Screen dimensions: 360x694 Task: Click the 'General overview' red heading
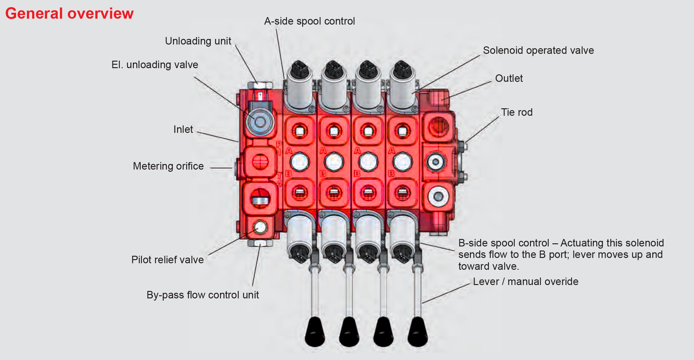point(69,14)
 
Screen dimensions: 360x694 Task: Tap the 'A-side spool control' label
point(309,21)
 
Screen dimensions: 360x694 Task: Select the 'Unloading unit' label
point(198,41)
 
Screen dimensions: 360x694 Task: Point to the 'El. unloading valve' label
point(155,65)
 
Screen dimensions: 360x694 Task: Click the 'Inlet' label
point(183,129)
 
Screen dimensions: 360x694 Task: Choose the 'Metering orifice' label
point(168,166)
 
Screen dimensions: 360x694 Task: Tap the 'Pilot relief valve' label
point(167,260)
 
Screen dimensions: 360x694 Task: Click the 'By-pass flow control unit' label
point(203,295)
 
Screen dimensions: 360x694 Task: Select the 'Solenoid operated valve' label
point(538,50)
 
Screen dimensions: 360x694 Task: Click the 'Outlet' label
point(509,78)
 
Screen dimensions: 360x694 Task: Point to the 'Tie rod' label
point(517,112)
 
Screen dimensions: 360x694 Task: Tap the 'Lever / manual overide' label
point(526,282)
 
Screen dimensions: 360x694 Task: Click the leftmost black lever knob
point(315,332)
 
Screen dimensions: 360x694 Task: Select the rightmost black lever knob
point(418,332)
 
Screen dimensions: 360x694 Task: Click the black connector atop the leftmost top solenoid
point(299,69)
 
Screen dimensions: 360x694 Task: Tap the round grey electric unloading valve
point(260,122)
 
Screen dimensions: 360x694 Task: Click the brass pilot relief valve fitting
point(260,227)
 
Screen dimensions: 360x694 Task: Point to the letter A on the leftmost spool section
point(289,151)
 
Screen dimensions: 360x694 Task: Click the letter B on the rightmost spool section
point(392,174)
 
